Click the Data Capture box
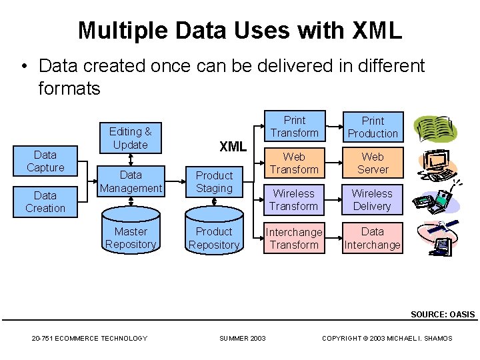click(x=45, y=161)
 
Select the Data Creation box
click(x=45, y=201)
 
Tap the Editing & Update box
click(x=130, y=138)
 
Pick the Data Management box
click(x=131, y=181)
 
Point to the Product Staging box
click(x=214, y=182)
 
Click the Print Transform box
click(x=294, y=127)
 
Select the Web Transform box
click(x=294, y=163)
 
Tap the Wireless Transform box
click(x=294, y=200)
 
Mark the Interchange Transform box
click(x=294, y=238)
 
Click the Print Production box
click(x=373, y=127)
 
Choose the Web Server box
click(x=373, y=163)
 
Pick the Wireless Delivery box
click(x=372, y=200)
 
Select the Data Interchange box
click(x=372, y=238)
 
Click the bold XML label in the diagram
click(x=233, y=147)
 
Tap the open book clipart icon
click(x=435, y=129)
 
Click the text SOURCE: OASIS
click(x=443, y=314)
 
